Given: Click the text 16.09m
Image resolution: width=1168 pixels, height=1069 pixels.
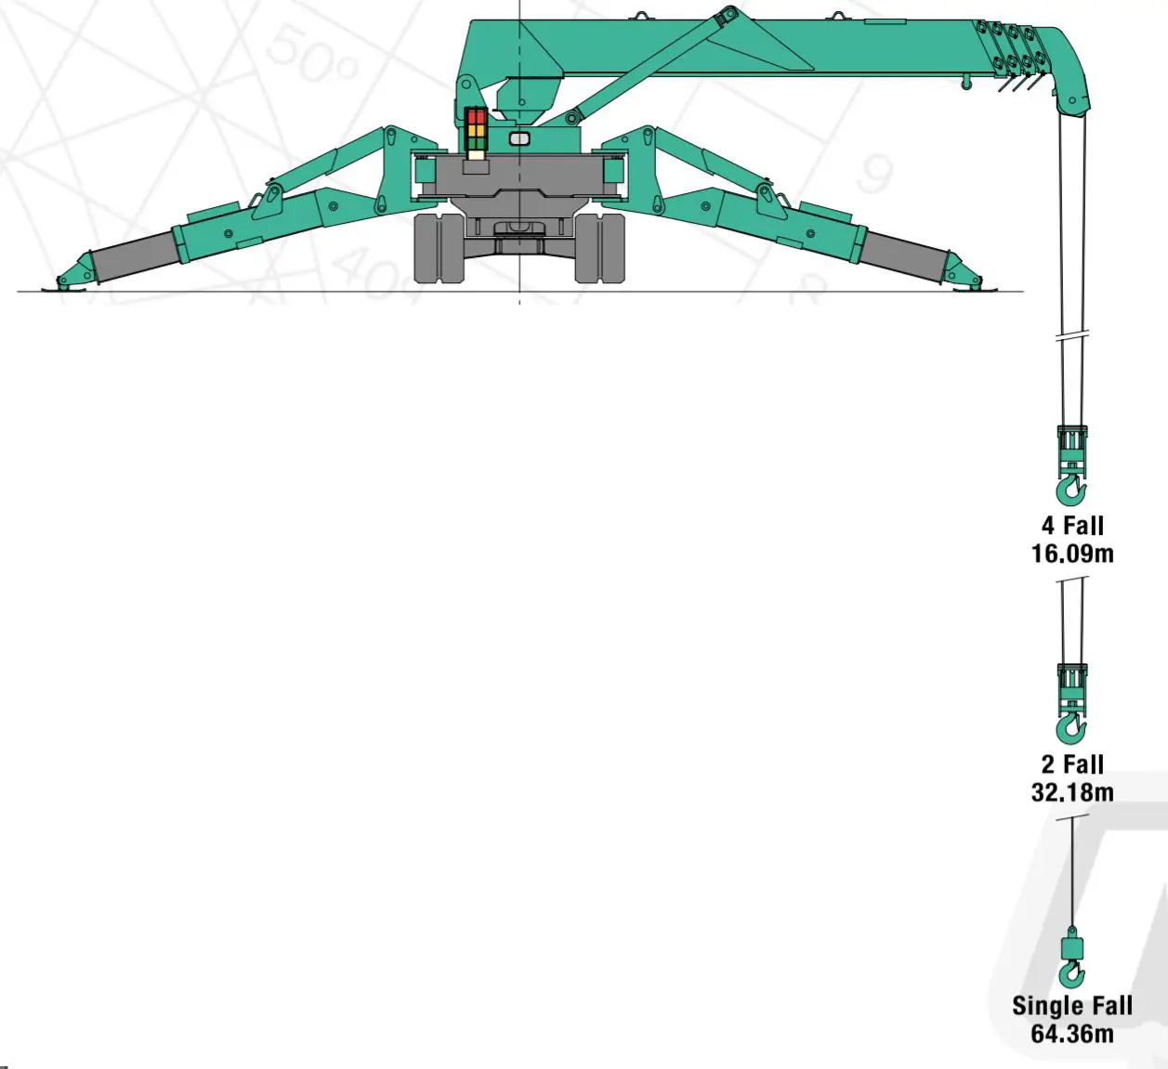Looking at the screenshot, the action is coord(1072,554).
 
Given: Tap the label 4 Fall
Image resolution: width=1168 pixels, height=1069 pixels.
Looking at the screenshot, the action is coord(1072,526).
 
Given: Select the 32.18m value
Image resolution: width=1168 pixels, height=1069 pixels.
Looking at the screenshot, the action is coord(1072,792).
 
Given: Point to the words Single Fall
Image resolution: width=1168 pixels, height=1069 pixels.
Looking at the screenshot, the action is coord(1072,1006).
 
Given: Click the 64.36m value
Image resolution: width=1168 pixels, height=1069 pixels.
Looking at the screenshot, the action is coord(1072,1034).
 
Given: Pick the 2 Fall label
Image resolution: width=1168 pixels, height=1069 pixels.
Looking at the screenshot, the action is coord(1072,764).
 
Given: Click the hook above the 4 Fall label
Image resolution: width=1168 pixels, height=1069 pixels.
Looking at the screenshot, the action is coord(1071,489).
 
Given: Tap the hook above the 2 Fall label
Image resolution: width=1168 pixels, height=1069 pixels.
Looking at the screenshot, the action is coord(1071,728).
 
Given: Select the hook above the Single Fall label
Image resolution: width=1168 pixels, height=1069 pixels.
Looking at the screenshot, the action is coord(1071,973).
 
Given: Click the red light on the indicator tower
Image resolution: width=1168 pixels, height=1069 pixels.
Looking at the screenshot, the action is coord(477,116).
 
